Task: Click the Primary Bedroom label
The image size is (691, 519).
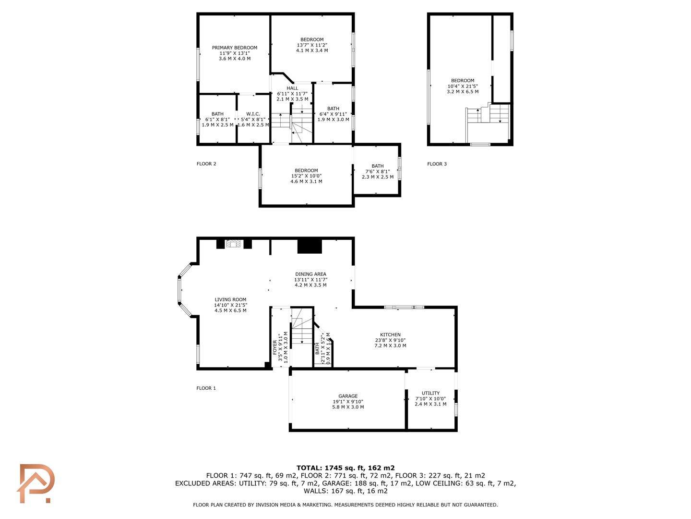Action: click(x=235, y=48)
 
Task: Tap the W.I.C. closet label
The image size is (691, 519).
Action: click(x=253, y=114)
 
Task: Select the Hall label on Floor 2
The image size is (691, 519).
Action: click(x=292, y=88)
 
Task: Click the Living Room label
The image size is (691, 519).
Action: click(x=230, y=299)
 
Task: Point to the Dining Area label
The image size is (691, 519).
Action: click(x=310, y=274)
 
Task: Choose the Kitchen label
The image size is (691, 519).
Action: click(x=390, y=334)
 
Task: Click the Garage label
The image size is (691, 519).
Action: click(x=348, y=396)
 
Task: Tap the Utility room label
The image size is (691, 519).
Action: click(x=430, y=393)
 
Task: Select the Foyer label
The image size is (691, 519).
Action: click(x=275, y=346)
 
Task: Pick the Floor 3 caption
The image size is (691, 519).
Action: click(x=437, y=164)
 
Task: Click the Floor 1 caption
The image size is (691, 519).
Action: click(x=206, y=388)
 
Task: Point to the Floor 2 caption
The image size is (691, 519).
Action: click(x=206, y=164)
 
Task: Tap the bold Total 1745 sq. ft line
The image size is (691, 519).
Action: click(x=345, y=468)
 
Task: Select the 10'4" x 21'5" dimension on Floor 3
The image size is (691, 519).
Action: click(x=463, y=86)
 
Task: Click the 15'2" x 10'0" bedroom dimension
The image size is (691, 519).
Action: click(x=306, y=176)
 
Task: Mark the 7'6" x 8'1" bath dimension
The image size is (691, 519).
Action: click(x=378, y=172)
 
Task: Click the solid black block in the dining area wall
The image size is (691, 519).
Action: click(x=310, y=247)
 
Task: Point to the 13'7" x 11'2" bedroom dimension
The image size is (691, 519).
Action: click(x=312, y=45)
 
